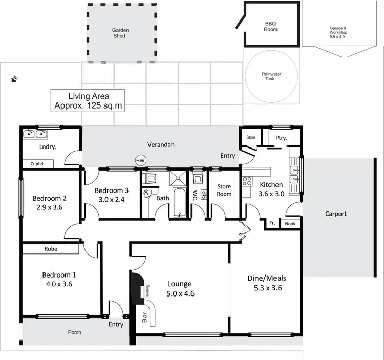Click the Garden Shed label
point(120,33)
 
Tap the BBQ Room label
point(271,26)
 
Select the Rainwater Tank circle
point(271,77)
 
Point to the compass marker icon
point(15,78)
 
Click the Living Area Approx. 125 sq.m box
point(89,101)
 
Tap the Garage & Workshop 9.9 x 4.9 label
point(342,32)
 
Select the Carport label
point(336,214)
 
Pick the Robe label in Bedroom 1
point(51,249)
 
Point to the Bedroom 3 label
point(112,190)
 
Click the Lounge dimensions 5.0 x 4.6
point(179,293)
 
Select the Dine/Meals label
point(266,278)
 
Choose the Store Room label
point(224,190)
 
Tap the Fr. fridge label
point(271,223)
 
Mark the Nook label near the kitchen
point(290,223)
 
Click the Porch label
point(75,332)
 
